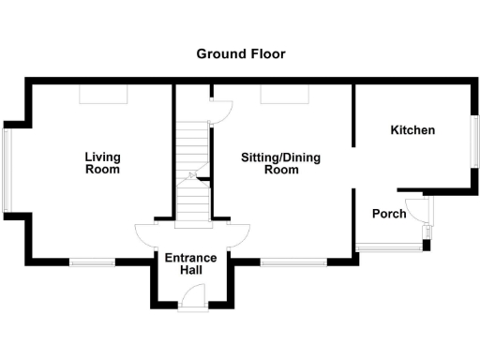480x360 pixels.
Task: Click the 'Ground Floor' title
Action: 240,53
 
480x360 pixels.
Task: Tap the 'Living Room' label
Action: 102,163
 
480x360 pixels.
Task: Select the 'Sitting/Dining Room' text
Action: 280,164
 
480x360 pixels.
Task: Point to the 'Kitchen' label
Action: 412,130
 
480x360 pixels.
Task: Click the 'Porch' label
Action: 389,214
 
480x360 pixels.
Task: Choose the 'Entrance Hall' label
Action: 190,263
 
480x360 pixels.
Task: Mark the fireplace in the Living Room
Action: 102,95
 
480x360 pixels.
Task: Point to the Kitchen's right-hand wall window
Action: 473,145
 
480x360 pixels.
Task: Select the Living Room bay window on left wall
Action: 7,170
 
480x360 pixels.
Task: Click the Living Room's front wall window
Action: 92,263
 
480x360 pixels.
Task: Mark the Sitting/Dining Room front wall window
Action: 280,263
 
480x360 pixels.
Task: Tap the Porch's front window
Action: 389,247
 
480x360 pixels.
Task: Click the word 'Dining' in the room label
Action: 300,157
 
